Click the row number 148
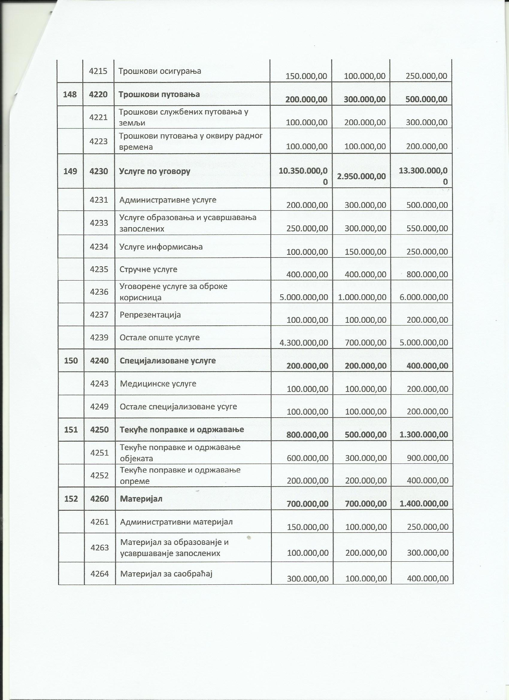pyautogui.click(x=70, y=94)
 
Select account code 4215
pyautogui.click(x=98, y=71)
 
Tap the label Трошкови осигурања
pyautogui.click(x=160, y=71)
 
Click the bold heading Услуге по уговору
pyautogui.click(x=154, y=171)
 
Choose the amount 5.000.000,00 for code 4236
pyautogui.click(x=303, y=297)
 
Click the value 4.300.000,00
pyautogui.click(x=303, y=342)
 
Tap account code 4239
pyautogui.click(x=99, y=337)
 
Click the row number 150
pyautogui.click(x=71, y=360)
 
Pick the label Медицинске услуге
pyautogui.click(x=158, y=384)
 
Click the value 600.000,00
pyautogui.click(x=307, y=458)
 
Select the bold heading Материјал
pyautogui.click(x=141, y=499)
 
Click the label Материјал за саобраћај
pyautogui.click(x=166, y=574)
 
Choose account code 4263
pyautogui.click(x=99, y=548)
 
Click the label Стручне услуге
pyautogui.click(x=149, y=269)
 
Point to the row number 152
pyautogui.click(x=71, y=499)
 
